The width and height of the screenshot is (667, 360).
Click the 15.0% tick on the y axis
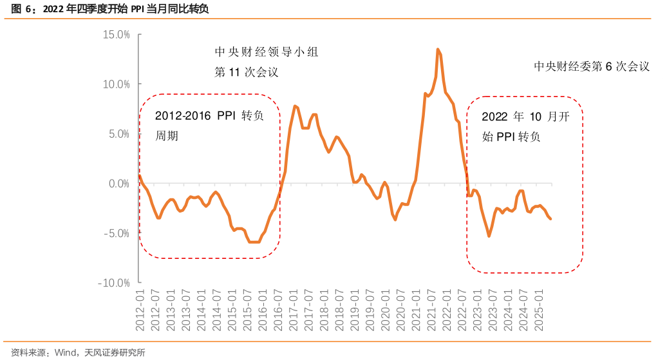pos(116,34)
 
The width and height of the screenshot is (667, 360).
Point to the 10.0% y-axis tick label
pos(116,84)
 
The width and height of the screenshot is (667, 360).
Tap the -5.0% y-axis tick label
pos(117,233)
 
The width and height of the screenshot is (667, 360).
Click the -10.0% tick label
pos(115,283)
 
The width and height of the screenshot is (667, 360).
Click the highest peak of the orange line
pos(438,49)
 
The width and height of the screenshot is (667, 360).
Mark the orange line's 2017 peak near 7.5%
pos(294,106)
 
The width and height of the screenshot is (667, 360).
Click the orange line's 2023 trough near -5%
pos(489,236)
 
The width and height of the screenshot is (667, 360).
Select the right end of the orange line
pos(550,219)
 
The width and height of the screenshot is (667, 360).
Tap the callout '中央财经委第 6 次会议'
pos(591,66)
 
